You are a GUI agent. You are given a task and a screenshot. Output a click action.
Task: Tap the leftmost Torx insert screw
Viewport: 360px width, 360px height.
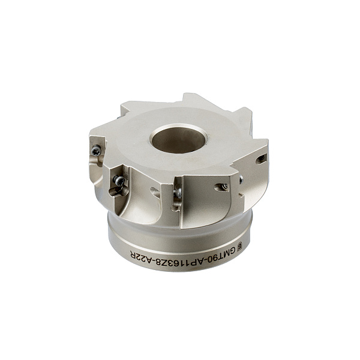coord(96,151)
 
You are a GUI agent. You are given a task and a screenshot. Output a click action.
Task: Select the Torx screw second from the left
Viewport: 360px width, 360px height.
coord(119,181)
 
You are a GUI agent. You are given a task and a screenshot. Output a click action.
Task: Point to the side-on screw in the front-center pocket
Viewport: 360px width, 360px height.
coord(178,193)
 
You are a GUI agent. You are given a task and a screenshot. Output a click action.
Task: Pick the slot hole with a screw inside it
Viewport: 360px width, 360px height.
coord(221,187)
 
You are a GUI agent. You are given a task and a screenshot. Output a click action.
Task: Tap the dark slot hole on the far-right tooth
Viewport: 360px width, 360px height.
coord(261,159)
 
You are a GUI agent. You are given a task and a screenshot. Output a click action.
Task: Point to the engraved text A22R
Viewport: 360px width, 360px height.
coord(140,257)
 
